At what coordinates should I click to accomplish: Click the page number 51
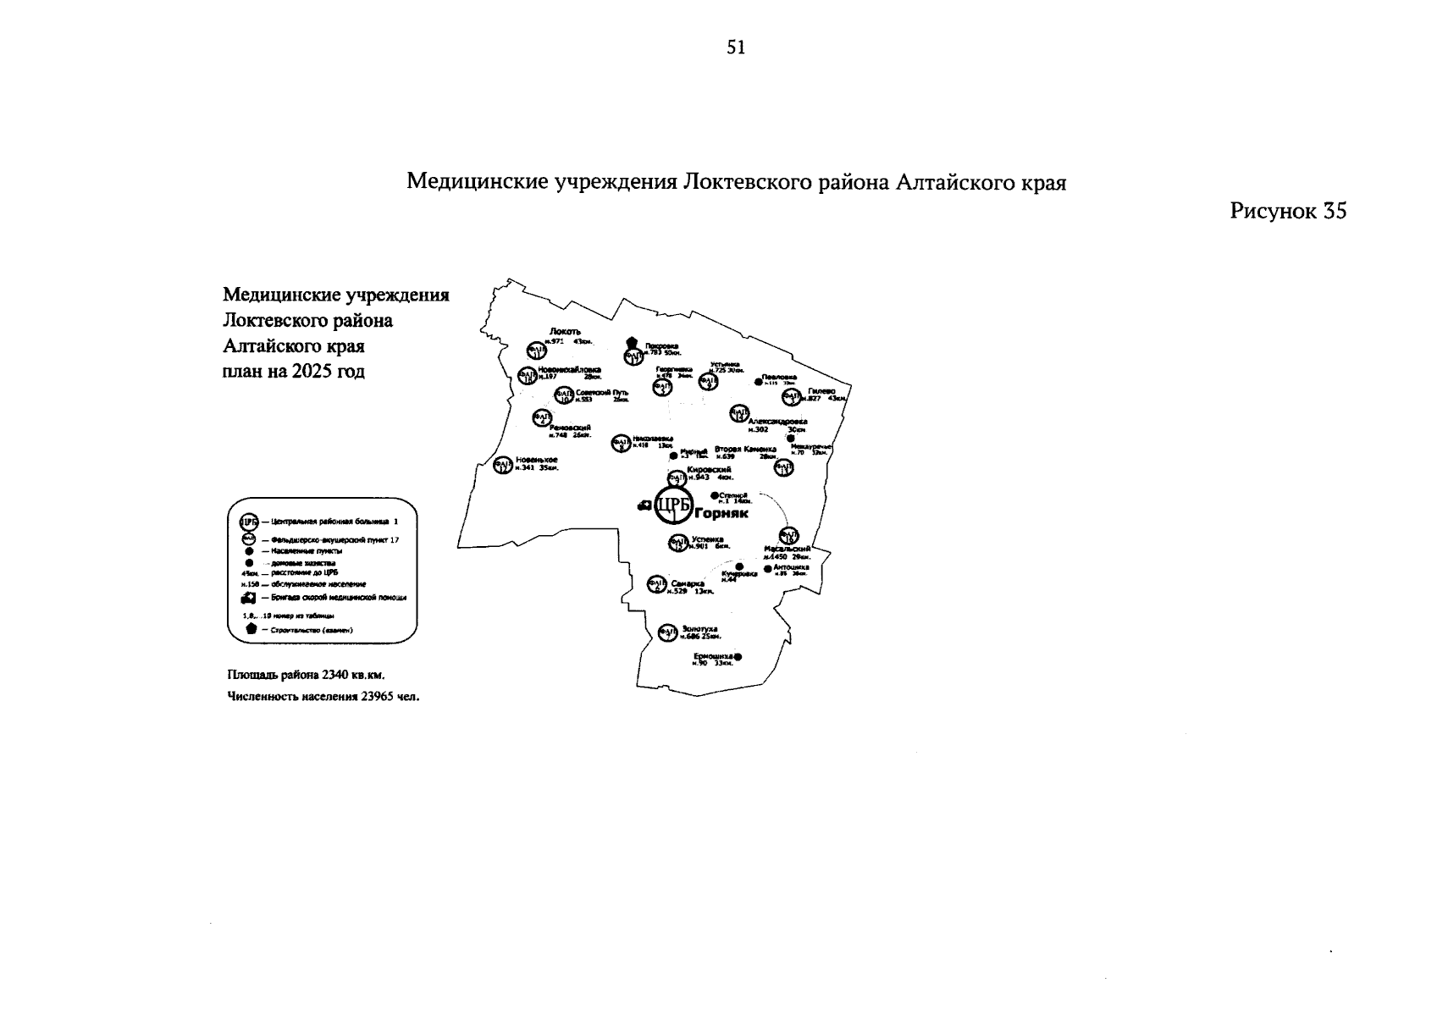coord(736,48)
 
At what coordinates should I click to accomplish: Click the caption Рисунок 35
coord(1287,211)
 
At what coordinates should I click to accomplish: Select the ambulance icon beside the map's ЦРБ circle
coord(644,505)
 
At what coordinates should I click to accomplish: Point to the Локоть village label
coord(565,331)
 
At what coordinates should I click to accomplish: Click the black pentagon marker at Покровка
coord(632,342)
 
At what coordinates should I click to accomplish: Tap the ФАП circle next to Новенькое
coord(504,465)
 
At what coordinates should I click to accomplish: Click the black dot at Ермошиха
coord(738,657)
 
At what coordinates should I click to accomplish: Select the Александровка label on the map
coord(777,421)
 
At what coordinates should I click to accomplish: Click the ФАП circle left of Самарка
coord(656,584)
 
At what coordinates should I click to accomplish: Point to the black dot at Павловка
coord(758,381)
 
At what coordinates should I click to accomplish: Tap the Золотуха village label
coord(699,629)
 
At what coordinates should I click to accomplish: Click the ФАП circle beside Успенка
coord(677,543)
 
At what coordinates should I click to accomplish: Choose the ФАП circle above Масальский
coord(788,535)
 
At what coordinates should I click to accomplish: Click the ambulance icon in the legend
coord(250,597)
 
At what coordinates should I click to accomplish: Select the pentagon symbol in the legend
coord(251,629)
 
